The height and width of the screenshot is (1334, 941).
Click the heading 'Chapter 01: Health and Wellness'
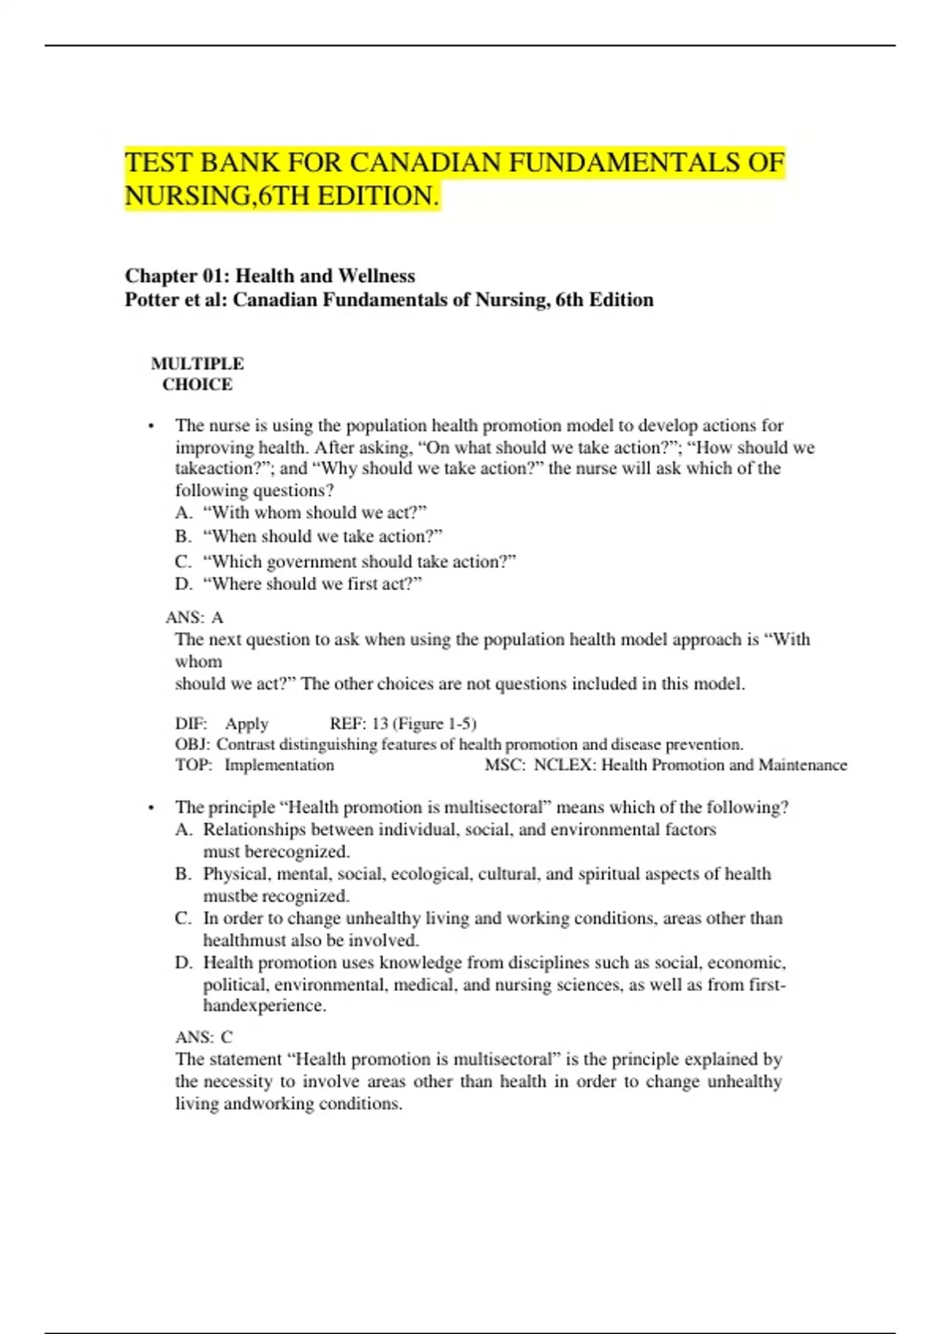pyautogui.click(x=270, y=276)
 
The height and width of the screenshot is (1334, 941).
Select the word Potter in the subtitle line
pyautogui.click(x=151, y=300)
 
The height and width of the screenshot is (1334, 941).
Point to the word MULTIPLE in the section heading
pyautogui.click(x=198, y=363)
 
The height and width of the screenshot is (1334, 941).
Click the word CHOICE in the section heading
pyautogui.click(x=198, y=385)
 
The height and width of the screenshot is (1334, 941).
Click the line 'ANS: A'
pyautogui.click(x=194, y=618)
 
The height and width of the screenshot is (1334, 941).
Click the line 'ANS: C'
pyautogui.click(x=204, y=1037)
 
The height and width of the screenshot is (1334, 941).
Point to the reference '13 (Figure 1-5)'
pyautogui.click(x=424, y=723)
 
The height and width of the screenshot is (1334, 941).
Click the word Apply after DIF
pyautogui.click(x=246, y=723)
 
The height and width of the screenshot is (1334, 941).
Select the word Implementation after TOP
pyautogui.click(x=279, y=765)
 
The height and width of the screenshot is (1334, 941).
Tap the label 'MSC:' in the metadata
pyautogui.click(x=505, y=765)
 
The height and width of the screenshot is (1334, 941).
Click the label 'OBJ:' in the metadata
pyautogui.click(x=192, y=744)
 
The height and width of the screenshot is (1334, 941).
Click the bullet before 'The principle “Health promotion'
pyautogui.click(x=151, y=808)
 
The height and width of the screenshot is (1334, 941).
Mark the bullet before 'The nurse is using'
pyautogui.click(x=151, y=426)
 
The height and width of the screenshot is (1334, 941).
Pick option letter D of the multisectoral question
pyautogui.click(x=183, y=963)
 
